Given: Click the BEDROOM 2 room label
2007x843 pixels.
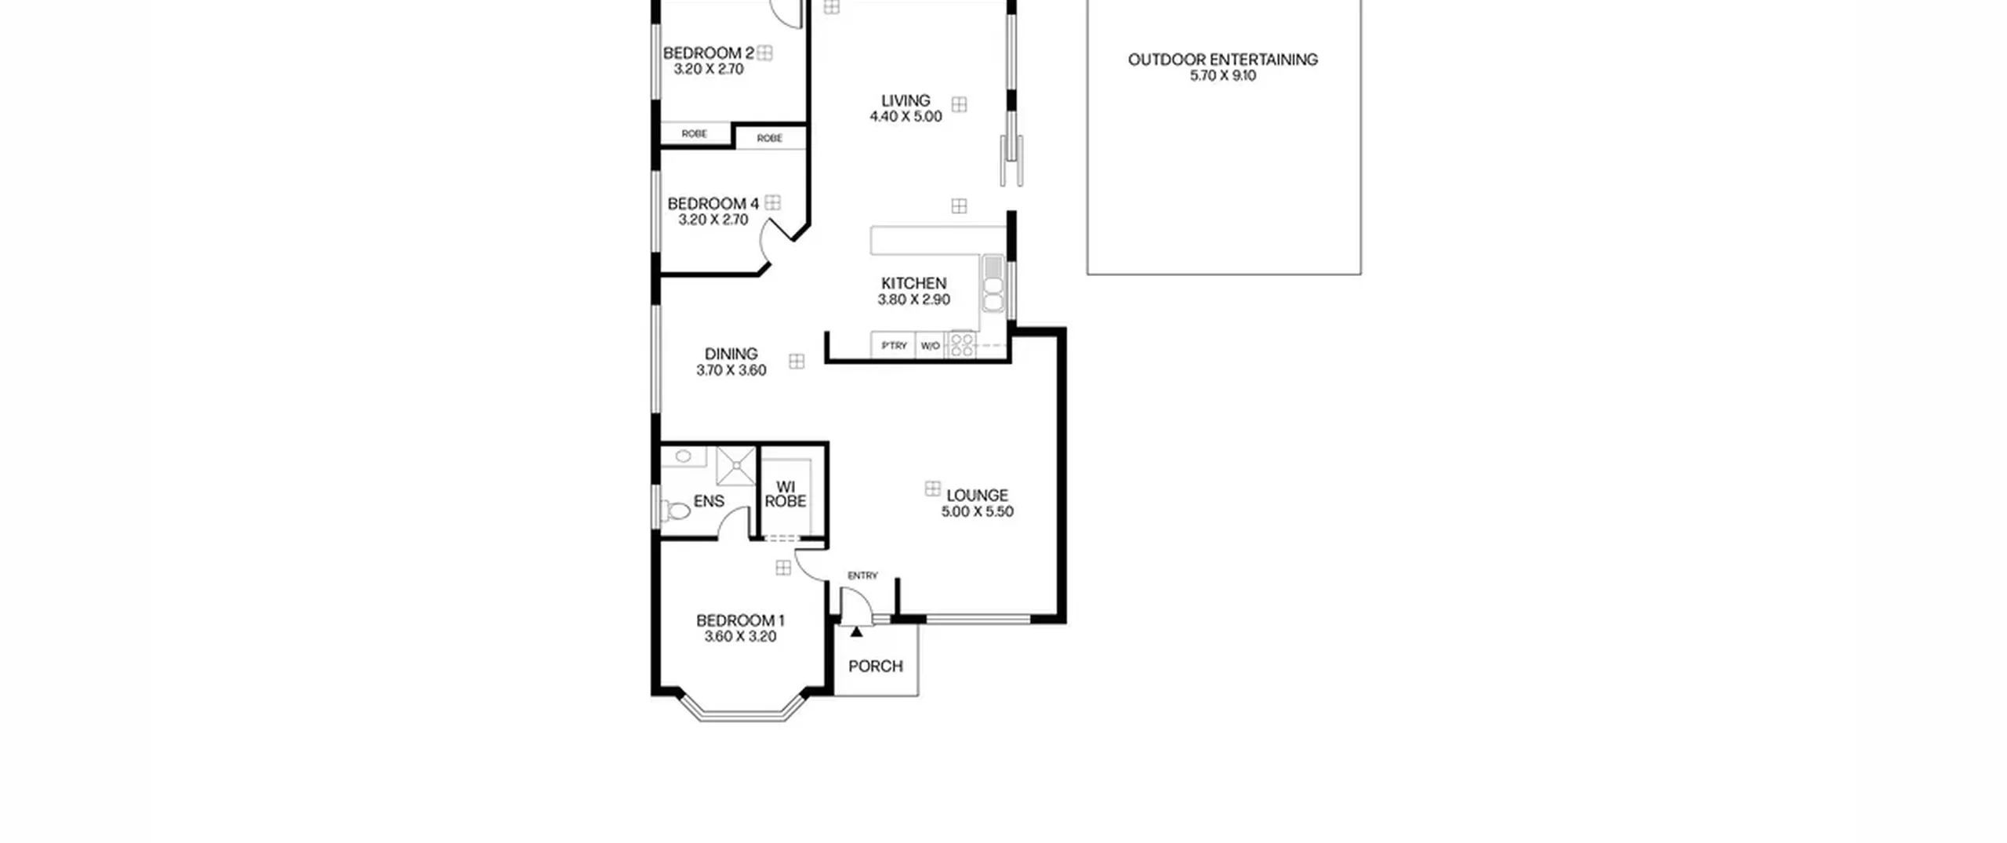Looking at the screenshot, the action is pyautogui.click(x=709, y=53).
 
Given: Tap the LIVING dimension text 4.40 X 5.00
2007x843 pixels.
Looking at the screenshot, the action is pyautogui.click(x=906, y=117).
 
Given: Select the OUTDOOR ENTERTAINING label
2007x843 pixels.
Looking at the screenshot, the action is pyautogui.click(x=1223, y=60).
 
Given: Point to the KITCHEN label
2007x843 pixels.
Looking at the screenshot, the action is pyautogui.click(x=913, y=283).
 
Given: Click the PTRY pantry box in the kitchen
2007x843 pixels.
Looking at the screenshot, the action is pyautogui.click(x=894, y=346).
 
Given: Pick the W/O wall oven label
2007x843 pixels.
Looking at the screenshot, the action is pyautogui.click(x=930, y=346).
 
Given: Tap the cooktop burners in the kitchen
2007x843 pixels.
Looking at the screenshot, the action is pyautogui.click(x=962, y=344).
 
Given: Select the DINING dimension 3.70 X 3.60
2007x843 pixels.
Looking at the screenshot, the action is pyautogui.click(x=731, y=370).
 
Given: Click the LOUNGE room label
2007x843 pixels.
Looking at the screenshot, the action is pyautogui.click(x=977, y=496).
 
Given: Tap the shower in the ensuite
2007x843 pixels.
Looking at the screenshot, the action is pyautogui.click(x=736, y=467).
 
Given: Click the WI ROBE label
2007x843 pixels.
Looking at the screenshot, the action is pyautogui.click(x=786, y=494).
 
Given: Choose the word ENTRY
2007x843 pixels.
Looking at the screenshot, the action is pyautogui.click(x=862, y=576).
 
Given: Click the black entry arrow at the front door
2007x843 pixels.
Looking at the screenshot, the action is pyautogui.click(x=856, y=631).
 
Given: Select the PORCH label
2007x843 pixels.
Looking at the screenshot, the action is pyautogui.click(x=876, y=667).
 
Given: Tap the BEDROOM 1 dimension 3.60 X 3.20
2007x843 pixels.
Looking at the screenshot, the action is pyautogui.click(x=740, y=637).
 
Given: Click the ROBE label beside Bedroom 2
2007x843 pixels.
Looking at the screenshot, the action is pyautogui.click(x=694, y=134).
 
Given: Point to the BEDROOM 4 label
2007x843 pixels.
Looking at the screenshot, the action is pyautogui.click(x=713, y=204).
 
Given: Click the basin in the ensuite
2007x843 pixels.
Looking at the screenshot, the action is pyautogui.click(x=683, y=456).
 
